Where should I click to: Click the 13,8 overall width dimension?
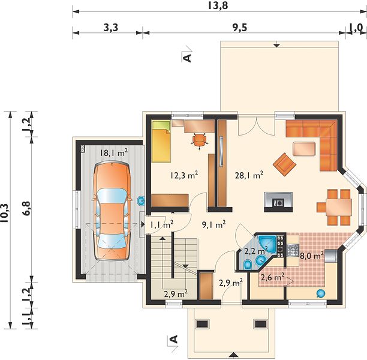click(218, 5)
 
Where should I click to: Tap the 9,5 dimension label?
click(240, 28)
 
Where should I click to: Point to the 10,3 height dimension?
click(5, 216)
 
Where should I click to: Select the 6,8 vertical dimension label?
click(26, 208)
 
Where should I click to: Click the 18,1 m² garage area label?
click(114, 153)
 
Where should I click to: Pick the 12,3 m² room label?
click(184, 175)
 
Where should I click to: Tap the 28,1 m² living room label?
click(249, 175)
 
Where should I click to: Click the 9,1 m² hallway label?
click(213, 224)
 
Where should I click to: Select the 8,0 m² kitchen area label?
click(312, 256)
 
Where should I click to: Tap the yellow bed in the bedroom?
click(161, 142)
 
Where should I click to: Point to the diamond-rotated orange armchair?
click(285, 164)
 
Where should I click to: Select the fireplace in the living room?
click(278, 202)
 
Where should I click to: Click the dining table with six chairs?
click(335, 207)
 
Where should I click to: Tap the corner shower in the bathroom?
click(267, 244)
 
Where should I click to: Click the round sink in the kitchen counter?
click(321, 293)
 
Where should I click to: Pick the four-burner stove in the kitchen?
click(293, 250)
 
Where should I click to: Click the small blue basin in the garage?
click(141, 201)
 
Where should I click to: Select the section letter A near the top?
click(188, 58)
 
